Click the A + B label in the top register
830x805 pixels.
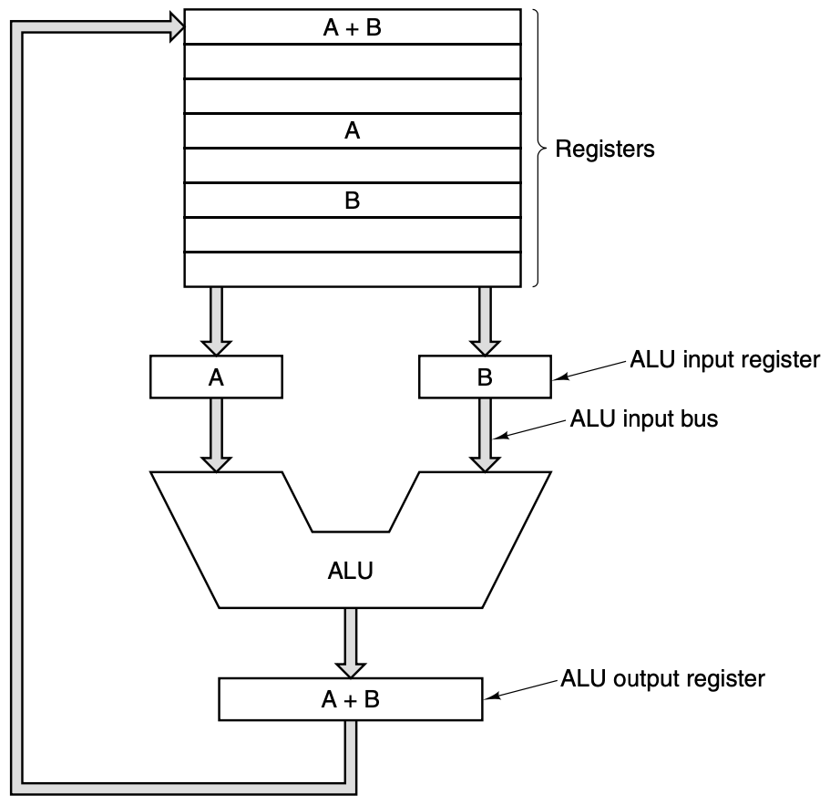tap(352, 27)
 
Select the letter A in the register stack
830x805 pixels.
tap(352, 131)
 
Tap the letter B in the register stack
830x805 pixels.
tap(352, 201)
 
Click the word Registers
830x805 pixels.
tap(606, 149)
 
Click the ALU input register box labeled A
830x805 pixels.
tap(216, 377)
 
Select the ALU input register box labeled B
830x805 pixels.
tap(484, 377)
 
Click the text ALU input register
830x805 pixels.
tap(725, 359)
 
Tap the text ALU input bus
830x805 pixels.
tap(643, 421)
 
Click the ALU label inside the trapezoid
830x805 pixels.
tap(351, 572)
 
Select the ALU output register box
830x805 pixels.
tap(351, 699)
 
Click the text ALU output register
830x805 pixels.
tap(662, 678)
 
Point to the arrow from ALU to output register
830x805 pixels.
tap(351, 642)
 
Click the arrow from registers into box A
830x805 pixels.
tap(216, 320)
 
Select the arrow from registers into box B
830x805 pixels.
tap(484, 320)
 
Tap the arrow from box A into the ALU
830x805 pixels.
tap(216, 434)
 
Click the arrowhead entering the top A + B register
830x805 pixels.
tap(173, 28)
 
